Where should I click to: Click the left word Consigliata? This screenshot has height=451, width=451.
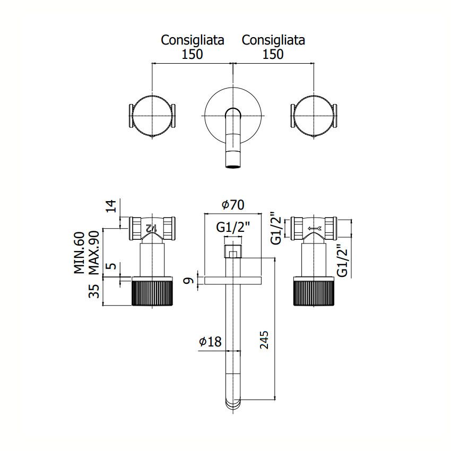193,40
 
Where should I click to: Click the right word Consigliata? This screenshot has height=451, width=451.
273,40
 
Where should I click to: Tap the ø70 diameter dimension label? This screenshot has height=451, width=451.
233,205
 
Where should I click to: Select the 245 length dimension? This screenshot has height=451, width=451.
264,340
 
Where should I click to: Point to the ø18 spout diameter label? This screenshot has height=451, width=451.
210,342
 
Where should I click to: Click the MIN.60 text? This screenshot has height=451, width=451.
80,253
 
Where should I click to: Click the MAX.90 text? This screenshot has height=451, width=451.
94,253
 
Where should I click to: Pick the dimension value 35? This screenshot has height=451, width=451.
94,291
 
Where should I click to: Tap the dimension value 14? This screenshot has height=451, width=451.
111,206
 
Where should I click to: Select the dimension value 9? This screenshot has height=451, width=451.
189,280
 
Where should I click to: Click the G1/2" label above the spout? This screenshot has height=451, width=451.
233,228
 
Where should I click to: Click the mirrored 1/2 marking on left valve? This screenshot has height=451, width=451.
151,228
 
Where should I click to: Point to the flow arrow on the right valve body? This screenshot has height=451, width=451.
315,229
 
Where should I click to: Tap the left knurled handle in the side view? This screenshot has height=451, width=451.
152,291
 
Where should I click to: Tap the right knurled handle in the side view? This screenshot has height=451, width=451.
314,291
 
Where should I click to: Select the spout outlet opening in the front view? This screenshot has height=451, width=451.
233,166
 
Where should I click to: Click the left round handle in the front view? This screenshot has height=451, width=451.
152,116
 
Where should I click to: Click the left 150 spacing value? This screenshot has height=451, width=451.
192,54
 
